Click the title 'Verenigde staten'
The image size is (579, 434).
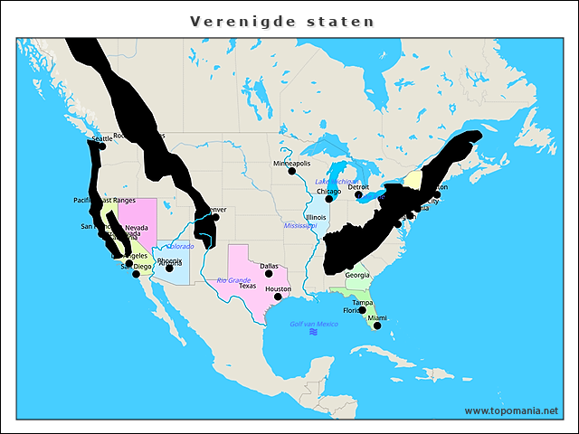pos(282,20)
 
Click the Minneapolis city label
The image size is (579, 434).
pos(291,164)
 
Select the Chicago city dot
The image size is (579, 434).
pos(329,199)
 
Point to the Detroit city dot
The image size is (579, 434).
pos(358,194)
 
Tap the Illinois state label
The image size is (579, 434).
pos(316,217)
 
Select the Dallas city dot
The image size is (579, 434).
pos(269,273)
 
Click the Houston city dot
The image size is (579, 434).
pos(278,296)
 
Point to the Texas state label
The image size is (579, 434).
pos(247,286)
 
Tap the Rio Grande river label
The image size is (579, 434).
pos(233,280)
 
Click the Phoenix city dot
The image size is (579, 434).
pos(169,269)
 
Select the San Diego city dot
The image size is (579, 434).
pos(137,274)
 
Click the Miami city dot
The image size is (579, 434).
pos(377,325)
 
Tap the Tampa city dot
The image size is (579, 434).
pos(362,310)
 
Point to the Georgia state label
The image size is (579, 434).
pos(356,275)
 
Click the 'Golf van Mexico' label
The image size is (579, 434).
pos(313,324)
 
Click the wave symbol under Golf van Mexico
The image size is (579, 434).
pos(314,333)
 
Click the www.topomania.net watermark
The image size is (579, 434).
pos(511,410)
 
